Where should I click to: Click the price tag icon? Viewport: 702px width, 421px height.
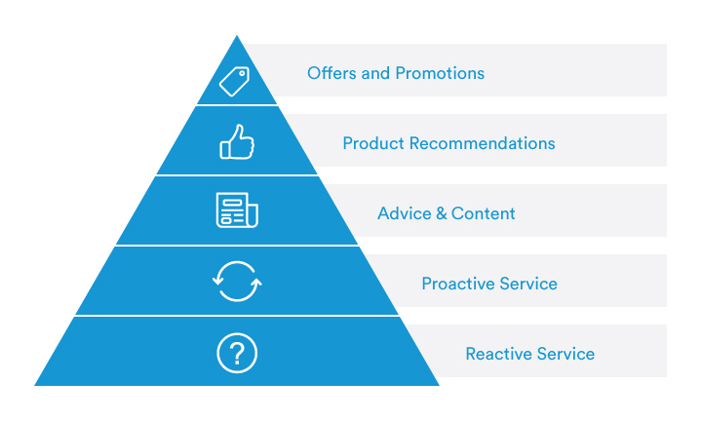click(x=236, y=81)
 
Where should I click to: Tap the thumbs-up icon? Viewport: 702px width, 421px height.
click(x=236, y=143)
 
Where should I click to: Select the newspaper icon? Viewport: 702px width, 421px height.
click(x=236, y=210)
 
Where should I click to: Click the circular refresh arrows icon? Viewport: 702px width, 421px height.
click(x=236, y=284)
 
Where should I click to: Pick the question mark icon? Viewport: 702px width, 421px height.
click(x=236, y=352)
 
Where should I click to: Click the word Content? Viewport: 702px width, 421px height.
click(x=483, y=213)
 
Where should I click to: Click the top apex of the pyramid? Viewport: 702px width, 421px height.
click(x=237, y=37)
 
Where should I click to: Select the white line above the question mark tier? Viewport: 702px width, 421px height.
click(x=237, y=316)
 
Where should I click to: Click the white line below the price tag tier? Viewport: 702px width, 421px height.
click(x=237, y=105)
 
